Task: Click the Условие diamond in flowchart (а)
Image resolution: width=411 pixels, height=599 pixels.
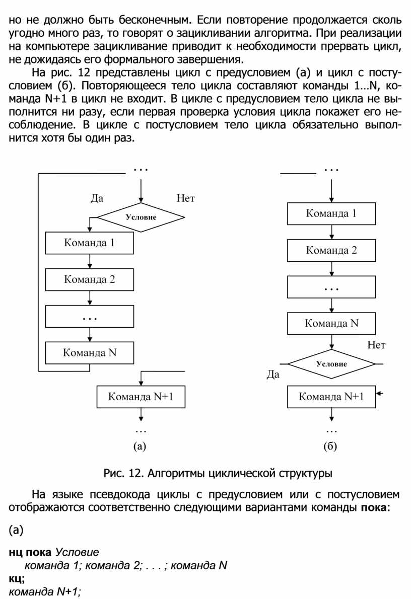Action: tap(141, 217)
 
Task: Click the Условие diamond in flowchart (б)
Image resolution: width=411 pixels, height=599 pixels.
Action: tap(331, 363)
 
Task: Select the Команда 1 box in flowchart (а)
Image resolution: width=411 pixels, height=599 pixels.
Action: tap(90, 243)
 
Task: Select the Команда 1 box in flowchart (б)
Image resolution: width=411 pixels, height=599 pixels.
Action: tap(331, 213)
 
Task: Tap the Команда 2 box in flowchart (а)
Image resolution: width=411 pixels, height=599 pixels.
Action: tap(90, 280)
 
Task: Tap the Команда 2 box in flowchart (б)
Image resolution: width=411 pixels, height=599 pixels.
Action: tap(331, 250)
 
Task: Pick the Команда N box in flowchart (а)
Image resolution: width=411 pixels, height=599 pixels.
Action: tap(90, 352)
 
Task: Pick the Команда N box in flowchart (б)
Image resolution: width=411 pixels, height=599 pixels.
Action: tap(331, 323)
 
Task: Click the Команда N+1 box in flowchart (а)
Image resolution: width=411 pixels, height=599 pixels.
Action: tap(141, 397)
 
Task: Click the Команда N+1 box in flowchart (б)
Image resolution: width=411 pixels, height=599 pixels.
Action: tap(331, 397)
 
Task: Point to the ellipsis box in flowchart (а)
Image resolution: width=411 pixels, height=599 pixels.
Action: tap(90, 317)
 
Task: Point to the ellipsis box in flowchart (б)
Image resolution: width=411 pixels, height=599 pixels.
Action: tap(331, 287)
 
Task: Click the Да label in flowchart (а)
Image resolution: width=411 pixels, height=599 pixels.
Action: tap(97, 198)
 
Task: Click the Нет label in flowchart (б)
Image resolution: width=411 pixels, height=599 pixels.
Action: tap(376, 345)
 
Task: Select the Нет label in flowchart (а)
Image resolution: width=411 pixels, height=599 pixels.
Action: tap(185, 198)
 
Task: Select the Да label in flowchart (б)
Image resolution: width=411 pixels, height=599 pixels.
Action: tap(272, 375)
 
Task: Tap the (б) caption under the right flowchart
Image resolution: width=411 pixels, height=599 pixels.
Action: tap(330, 445)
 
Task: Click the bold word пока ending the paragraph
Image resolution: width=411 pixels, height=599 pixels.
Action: tap(373, 506)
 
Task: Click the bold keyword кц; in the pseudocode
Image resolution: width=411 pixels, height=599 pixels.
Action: tap(17, 578)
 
